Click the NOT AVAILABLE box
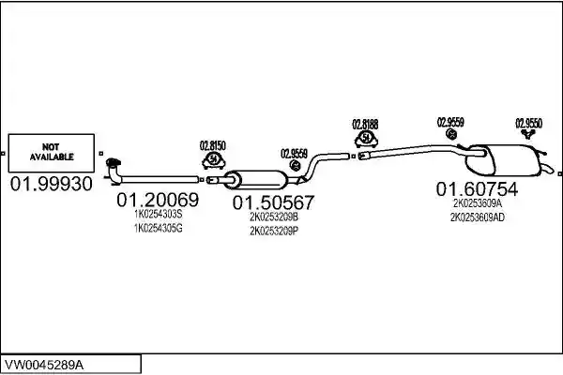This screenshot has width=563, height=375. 52,153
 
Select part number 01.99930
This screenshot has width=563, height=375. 52,184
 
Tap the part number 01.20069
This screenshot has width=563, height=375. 158,200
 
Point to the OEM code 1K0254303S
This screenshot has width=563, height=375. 159,215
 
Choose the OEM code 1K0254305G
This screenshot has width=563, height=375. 159,228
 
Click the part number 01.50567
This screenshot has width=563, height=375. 273,202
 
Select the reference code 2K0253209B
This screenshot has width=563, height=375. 274,217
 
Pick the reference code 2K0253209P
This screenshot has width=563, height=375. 274,232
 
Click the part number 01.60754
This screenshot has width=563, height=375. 478,188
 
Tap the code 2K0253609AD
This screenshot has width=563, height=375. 478,217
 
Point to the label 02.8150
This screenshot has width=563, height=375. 213,146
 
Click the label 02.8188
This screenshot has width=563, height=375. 365,125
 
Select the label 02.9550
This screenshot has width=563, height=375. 529,124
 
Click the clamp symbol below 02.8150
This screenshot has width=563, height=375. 214,160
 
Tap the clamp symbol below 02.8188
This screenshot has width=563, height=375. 366,140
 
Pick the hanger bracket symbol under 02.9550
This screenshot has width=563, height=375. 528,134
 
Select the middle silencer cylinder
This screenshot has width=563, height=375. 255,180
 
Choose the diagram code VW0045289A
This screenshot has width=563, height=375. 44,365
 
